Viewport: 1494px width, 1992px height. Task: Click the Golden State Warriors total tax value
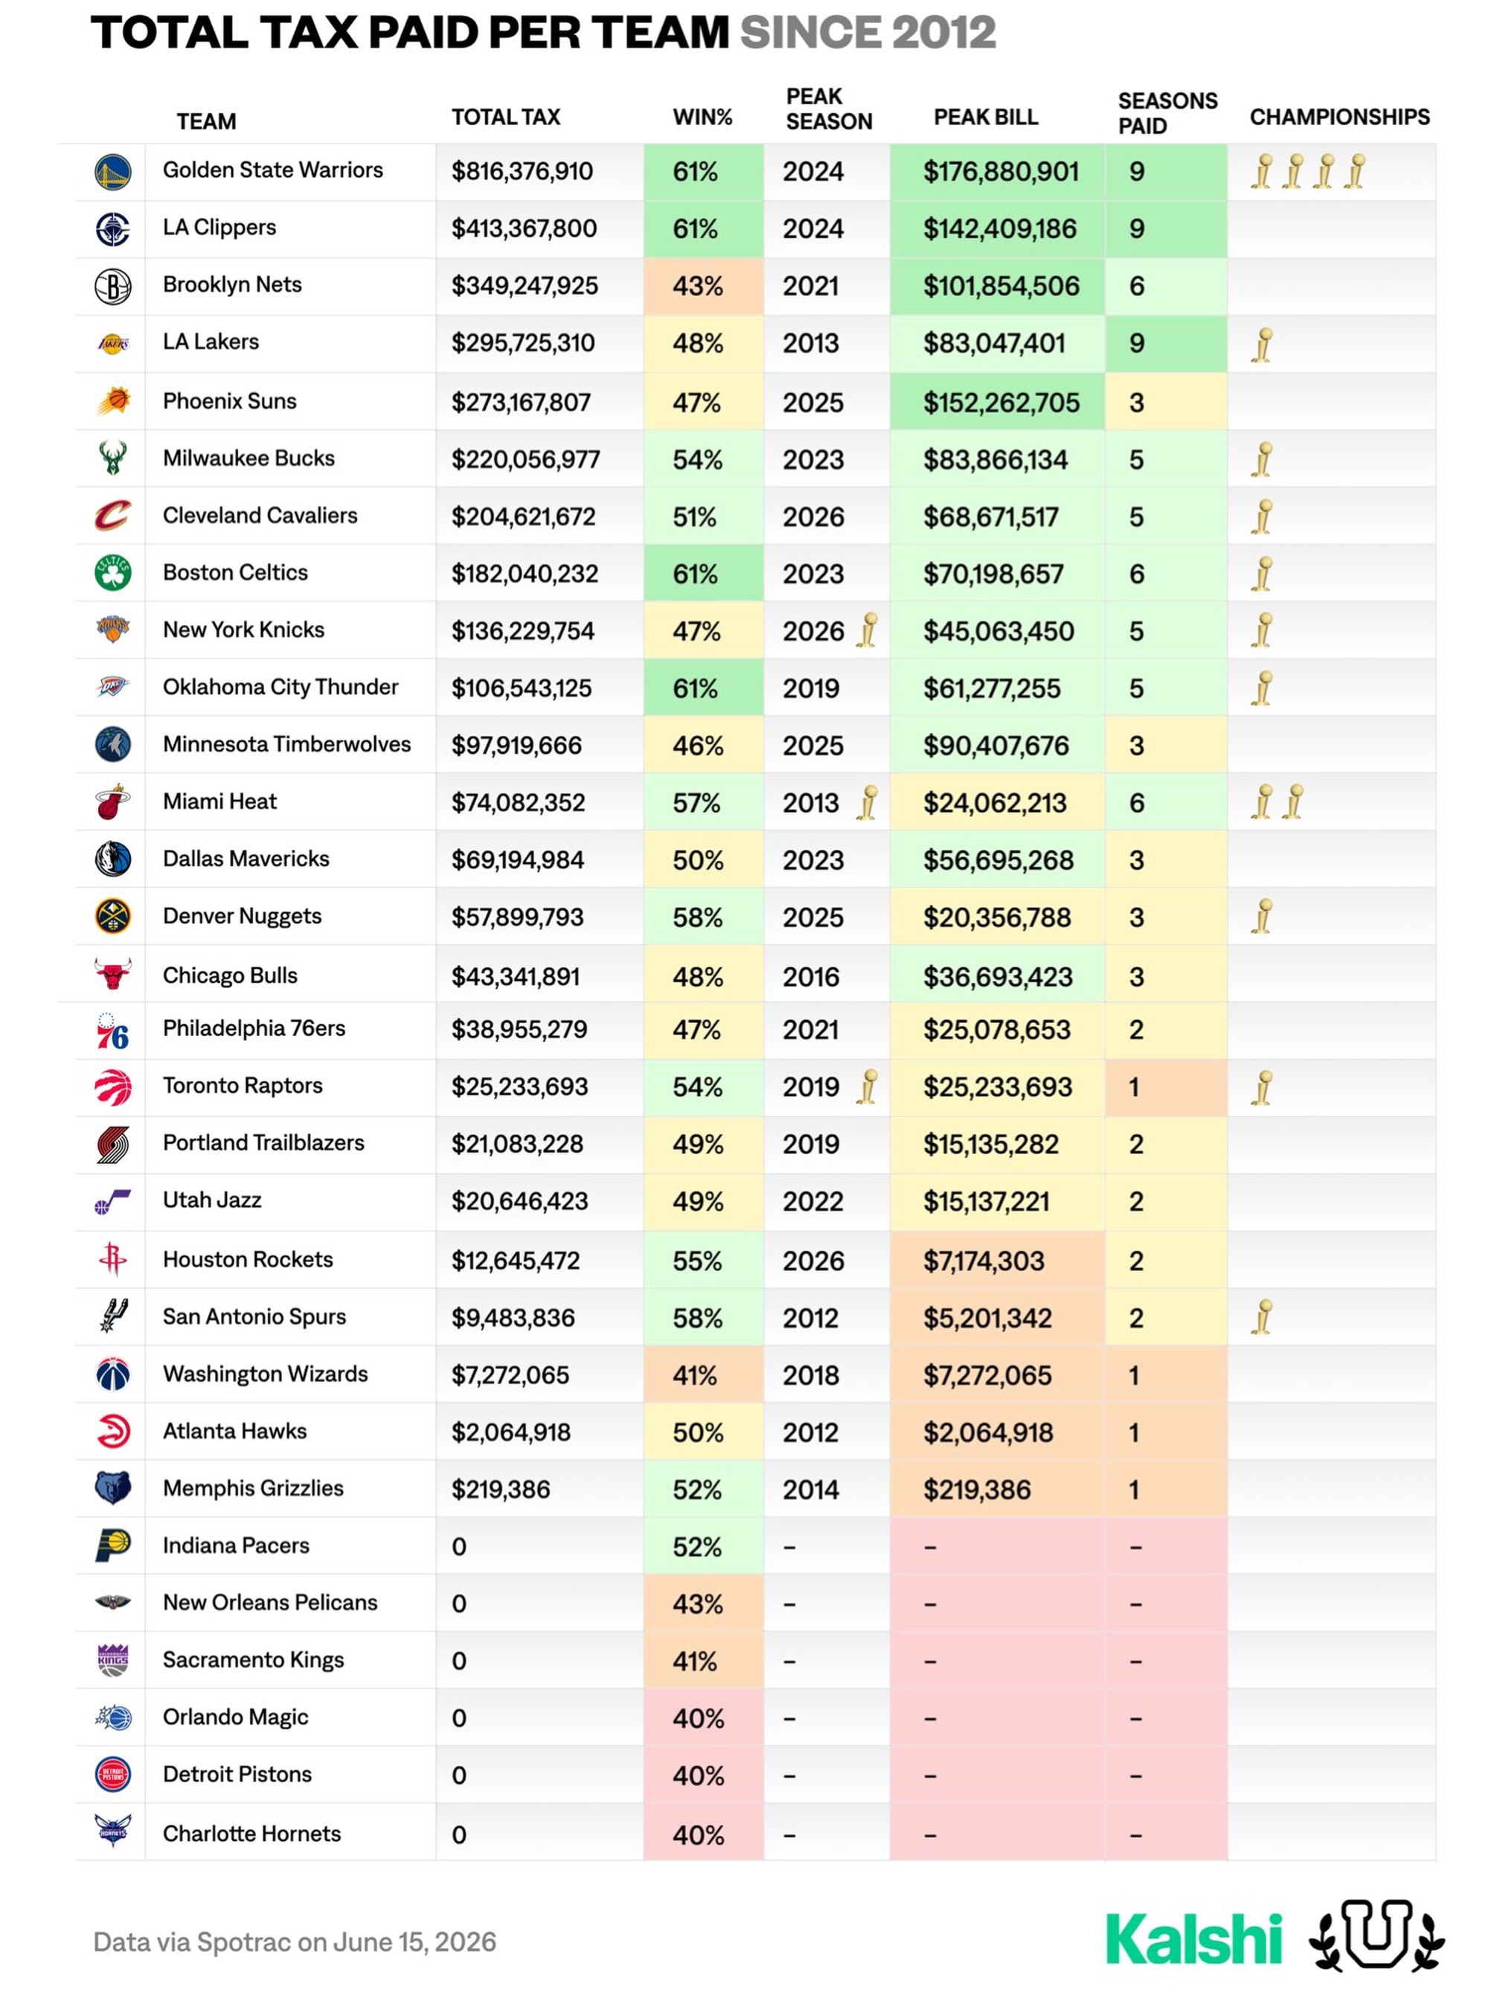(522, 171)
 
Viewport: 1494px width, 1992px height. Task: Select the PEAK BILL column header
(985, 117)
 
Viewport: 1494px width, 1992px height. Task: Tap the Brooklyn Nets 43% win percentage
(697, 286)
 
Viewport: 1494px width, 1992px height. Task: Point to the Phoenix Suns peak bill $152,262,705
(1001, 403)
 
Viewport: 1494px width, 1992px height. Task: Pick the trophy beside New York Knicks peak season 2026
(868, 630)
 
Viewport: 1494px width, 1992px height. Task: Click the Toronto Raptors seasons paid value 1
(1134, 1087)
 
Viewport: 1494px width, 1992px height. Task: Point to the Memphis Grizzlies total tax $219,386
(500, 1490)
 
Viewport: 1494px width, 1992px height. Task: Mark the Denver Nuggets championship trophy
(1263, 917)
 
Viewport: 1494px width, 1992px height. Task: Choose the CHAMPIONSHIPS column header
(1339, 117)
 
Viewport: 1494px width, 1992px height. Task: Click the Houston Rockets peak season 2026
(813, 1261)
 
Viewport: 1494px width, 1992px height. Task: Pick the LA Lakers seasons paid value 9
(1136, 343)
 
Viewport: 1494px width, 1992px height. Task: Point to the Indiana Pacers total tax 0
(459, 1547)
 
